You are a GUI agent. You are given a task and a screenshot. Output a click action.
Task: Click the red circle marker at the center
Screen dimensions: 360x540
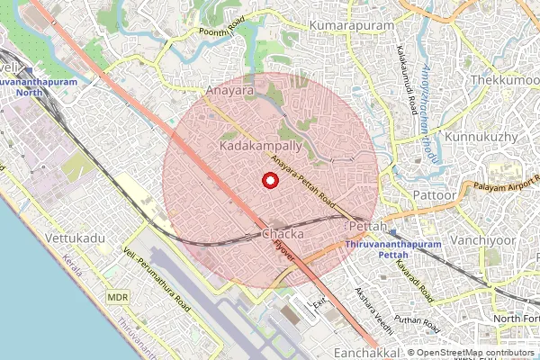tap(268, 180)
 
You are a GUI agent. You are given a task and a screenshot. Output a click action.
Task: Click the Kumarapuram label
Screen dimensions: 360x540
tap(352, 27)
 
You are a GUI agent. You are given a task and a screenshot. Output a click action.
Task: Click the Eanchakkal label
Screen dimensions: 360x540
tap(365, 352)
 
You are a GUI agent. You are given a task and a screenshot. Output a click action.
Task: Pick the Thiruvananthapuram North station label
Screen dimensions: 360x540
tap(34, 86)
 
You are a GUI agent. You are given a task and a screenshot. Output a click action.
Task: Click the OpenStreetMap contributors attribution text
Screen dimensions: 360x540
tap(475, 353)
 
